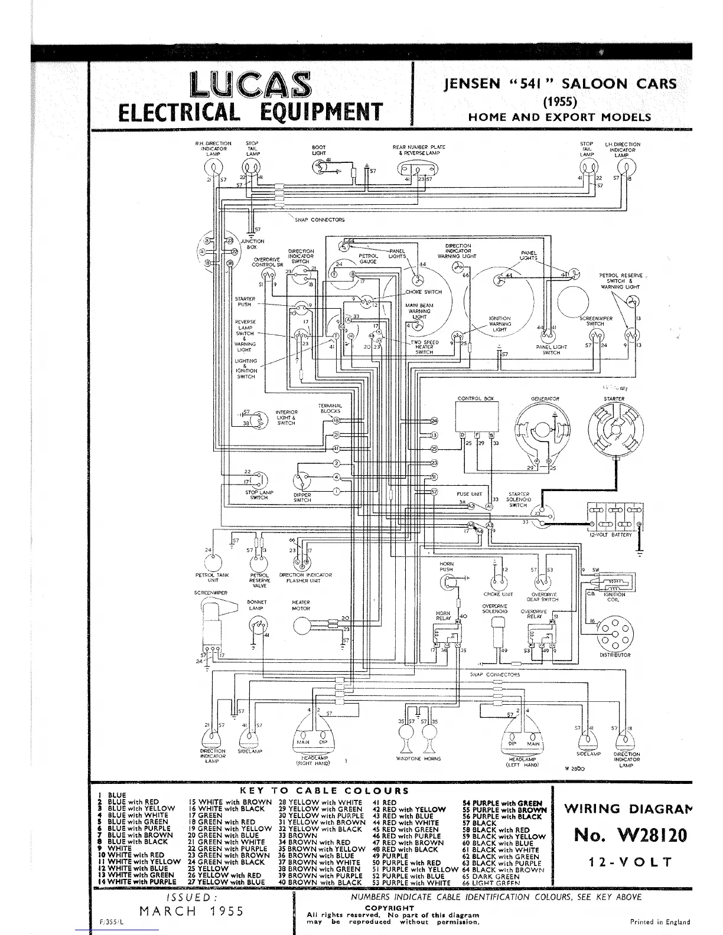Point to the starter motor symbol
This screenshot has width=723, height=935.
(614, 432)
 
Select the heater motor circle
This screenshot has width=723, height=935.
(302, 625)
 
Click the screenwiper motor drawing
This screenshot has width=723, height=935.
(211, 626)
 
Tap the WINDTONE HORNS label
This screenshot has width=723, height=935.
(418, 759)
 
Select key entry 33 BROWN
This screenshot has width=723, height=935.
(297, 835)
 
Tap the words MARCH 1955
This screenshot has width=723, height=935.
(191, 911)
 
